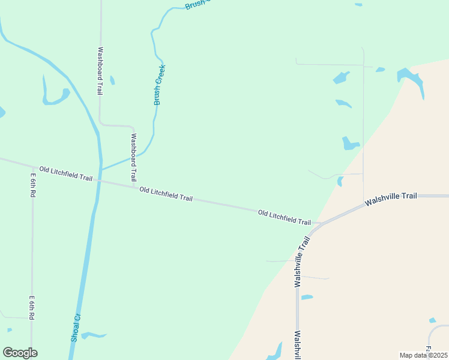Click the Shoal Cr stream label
(76, 328)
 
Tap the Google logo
(20, 353)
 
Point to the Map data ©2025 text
(423, 355)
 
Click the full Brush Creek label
(159, 85)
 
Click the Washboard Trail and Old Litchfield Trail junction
(134, 187)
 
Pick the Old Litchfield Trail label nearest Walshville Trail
(285, 217)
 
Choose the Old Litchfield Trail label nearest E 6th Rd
(66, 174)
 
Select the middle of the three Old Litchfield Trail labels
(166, 194)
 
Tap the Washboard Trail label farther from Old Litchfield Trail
(100, 71)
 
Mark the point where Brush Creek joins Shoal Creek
(101, 169)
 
